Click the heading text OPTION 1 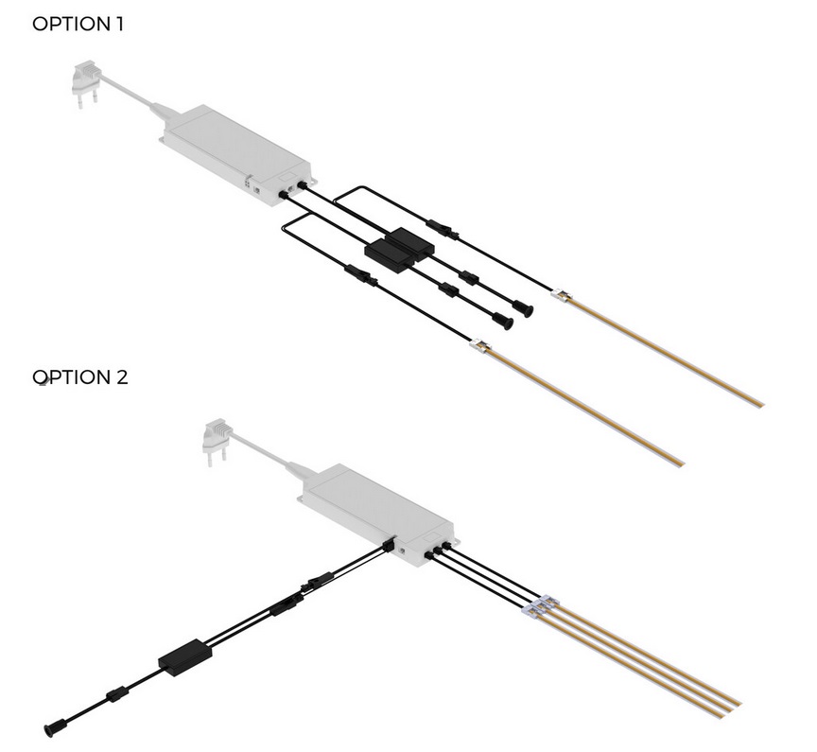click(78, 24)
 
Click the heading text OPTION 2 click(80, 377)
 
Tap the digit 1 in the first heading click(120, 24)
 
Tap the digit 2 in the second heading click(122, 377)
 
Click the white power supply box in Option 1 click(238, 155)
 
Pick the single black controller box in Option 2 click(185, 657)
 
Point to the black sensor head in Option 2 click(55, 728)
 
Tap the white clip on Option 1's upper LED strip click(563, 294)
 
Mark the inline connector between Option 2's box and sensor click(117, 695)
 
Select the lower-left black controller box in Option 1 click(389, 257)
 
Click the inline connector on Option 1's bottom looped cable click(360, 275)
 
